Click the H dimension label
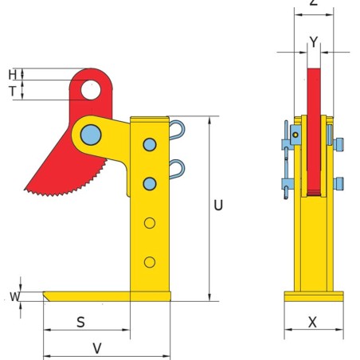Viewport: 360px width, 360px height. (x=13, y=74)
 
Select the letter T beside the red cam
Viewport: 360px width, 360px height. (x=13, y=91)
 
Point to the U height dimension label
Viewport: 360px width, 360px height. (x=218, y=205)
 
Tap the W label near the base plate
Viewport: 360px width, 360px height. (x=14, y=297)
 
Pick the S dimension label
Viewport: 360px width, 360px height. (x=80, y=323)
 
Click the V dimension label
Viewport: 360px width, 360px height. (x=97, y=347)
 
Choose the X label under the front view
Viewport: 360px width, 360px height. (x=312, y=323)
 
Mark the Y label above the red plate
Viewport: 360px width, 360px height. (x=314, y=43)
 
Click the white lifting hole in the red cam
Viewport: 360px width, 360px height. (x=91, y=89)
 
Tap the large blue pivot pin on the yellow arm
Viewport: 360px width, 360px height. (x=92, y=133)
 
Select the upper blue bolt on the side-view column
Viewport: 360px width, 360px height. (x=149, y=144)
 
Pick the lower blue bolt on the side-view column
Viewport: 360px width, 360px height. (x=149, y=184)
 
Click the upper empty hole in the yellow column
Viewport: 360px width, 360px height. (x=149, y=223)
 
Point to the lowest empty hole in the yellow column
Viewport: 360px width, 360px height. (x=149, y=261)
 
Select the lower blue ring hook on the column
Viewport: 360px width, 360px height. (x=178, y=167)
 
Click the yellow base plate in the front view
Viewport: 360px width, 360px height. (x=314, y=296)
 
